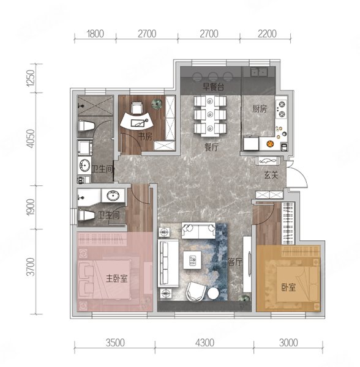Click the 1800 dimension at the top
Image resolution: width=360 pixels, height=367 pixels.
(95, 34)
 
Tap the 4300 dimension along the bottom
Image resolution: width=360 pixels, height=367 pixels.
(204, 343)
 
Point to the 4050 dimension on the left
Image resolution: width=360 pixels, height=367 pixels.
(31, 139)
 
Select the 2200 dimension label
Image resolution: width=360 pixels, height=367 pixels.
(267, 34)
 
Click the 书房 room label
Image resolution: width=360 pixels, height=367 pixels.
(145, 136)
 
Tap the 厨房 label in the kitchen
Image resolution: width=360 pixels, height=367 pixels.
(259, 109)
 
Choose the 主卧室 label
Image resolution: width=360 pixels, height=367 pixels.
(117, 278)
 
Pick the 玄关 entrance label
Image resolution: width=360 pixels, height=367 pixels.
(271, 175)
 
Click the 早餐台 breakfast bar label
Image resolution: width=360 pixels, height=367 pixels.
(213, 87)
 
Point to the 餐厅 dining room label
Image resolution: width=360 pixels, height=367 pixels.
(211, 147)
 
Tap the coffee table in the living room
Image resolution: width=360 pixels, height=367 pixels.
(192, 260)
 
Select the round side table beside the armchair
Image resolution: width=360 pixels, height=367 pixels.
(213, 293)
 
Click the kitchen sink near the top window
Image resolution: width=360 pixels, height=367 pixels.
(259, 72)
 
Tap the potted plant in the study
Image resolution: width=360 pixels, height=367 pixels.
(157, 103)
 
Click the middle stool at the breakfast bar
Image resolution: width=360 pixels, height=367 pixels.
(212, 76)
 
